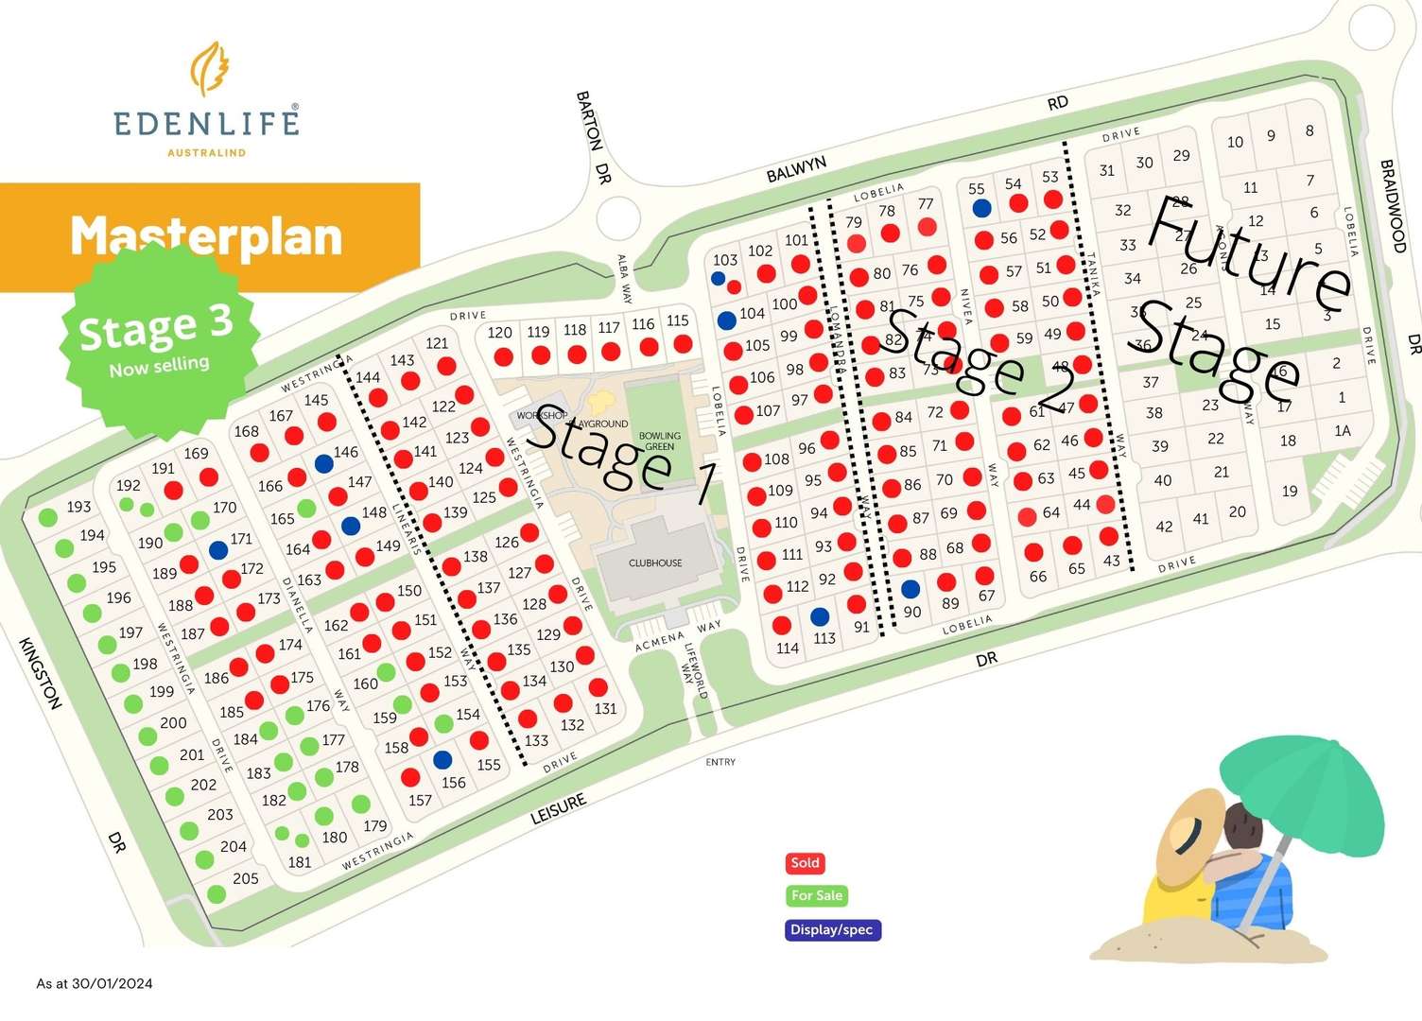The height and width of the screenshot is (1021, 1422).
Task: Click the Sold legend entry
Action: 805,863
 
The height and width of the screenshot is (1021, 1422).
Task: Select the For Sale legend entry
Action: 816,895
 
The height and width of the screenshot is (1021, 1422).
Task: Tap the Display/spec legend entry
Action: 831,930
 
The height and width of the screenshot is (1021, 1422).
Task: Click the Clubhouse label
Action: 655,563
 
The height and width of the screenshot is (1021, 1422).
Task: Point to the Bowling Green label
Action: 659,441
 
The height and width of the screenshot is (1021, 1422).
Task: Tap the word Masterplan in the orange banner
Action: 206,236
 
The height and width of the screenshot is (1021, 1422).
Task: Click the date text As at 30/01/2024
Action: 95,983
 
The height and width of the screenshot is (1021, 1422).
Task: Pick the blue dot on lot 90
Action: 910,589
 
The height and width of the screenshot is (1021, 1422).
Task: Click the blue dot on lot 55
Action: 981,208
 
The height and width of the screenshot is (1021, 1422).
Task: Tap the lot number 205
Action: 246,879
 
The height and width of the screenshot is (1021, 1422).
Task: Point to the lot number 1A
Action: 1342,431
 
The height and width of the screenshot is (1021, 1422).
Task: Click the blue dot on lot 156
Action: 442,760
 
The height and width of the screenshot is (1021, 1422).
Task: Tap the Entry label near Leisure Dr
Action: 720,762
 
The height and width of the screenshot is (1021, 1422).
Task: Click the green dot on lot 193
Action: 48,517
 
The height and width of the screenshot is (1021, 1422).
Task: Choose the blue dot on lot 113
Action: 820,617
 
